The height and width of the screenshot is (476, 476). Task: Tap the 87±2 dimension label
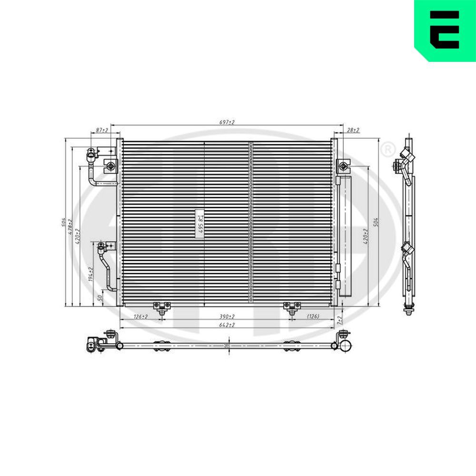click(101, 130)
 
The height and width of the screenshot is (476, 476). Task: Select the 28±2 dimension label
click(353, 130)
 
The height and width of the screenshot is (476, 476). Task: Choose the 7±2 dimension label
click(340, 319)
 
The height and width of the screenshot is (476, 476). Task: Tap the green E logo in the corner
click(445, 30)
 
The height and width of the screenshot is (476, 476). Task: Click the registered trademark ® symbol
click(388, 149)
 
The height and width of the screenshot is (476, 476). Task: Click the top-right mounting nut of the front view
click(343, 166)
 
